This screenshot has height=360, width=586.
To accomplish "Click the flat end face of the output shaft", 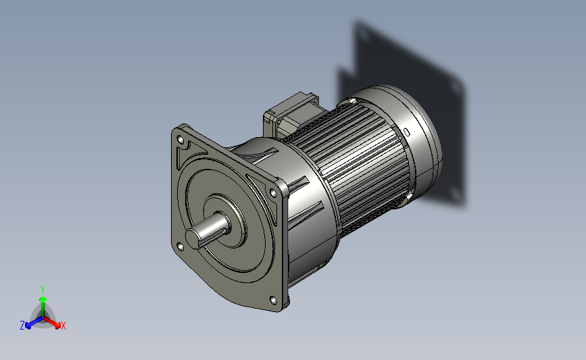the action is pos(195,238).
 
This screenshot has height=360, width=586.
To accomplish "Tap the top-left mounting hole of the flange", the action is pos(180,140).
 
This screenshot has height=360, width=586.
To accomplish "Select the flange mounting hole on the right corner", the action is pos(273,193).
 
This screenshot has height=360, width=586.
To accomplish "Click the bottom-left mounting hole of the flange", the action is pos(180,247).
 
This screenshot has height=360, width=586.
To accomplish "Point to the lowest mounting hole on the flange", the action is pos(273,300).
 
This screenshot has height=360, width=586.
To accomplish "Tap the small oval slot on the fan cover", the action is pos(407,132).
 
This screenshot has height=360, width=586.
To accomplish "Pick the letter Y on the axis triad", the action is pos(42,290).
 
